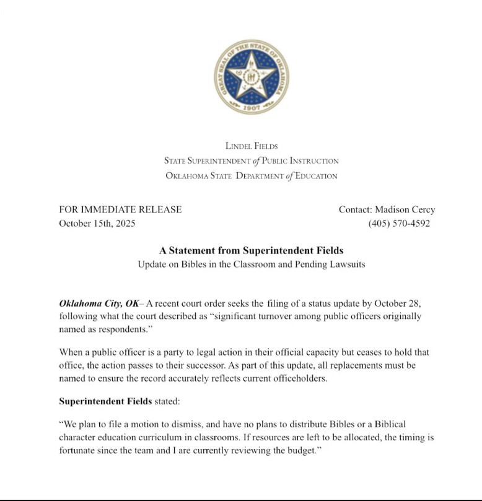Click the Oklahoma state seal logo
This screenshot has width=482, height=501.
[x=252, y=77]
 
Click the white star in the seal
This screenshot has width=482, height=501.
[x=252, y=75]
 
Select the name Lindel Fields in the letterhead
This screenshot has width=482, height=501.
[x=252, y=147]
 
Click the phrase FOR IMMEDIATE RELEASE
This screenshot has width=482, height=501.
[x=120, y=209]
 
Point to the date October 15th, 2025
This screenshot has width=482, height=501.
[x=97, y=224]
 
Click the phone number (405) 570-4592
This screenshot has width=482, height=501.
[x=399, y=224]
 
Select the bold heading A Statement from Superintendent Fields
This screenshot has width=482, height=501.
[x=251, y=251]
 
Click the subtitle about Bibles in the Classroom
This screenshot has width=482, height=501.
[x=251, y=264]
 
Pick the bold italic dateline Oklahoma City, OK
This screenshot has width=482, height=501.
[x=99, y=303]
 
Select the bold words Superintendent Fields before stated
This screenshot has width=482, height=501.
[x=105, y=401]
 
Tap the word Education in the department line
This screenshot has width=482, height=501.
[x=316, y=176]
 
